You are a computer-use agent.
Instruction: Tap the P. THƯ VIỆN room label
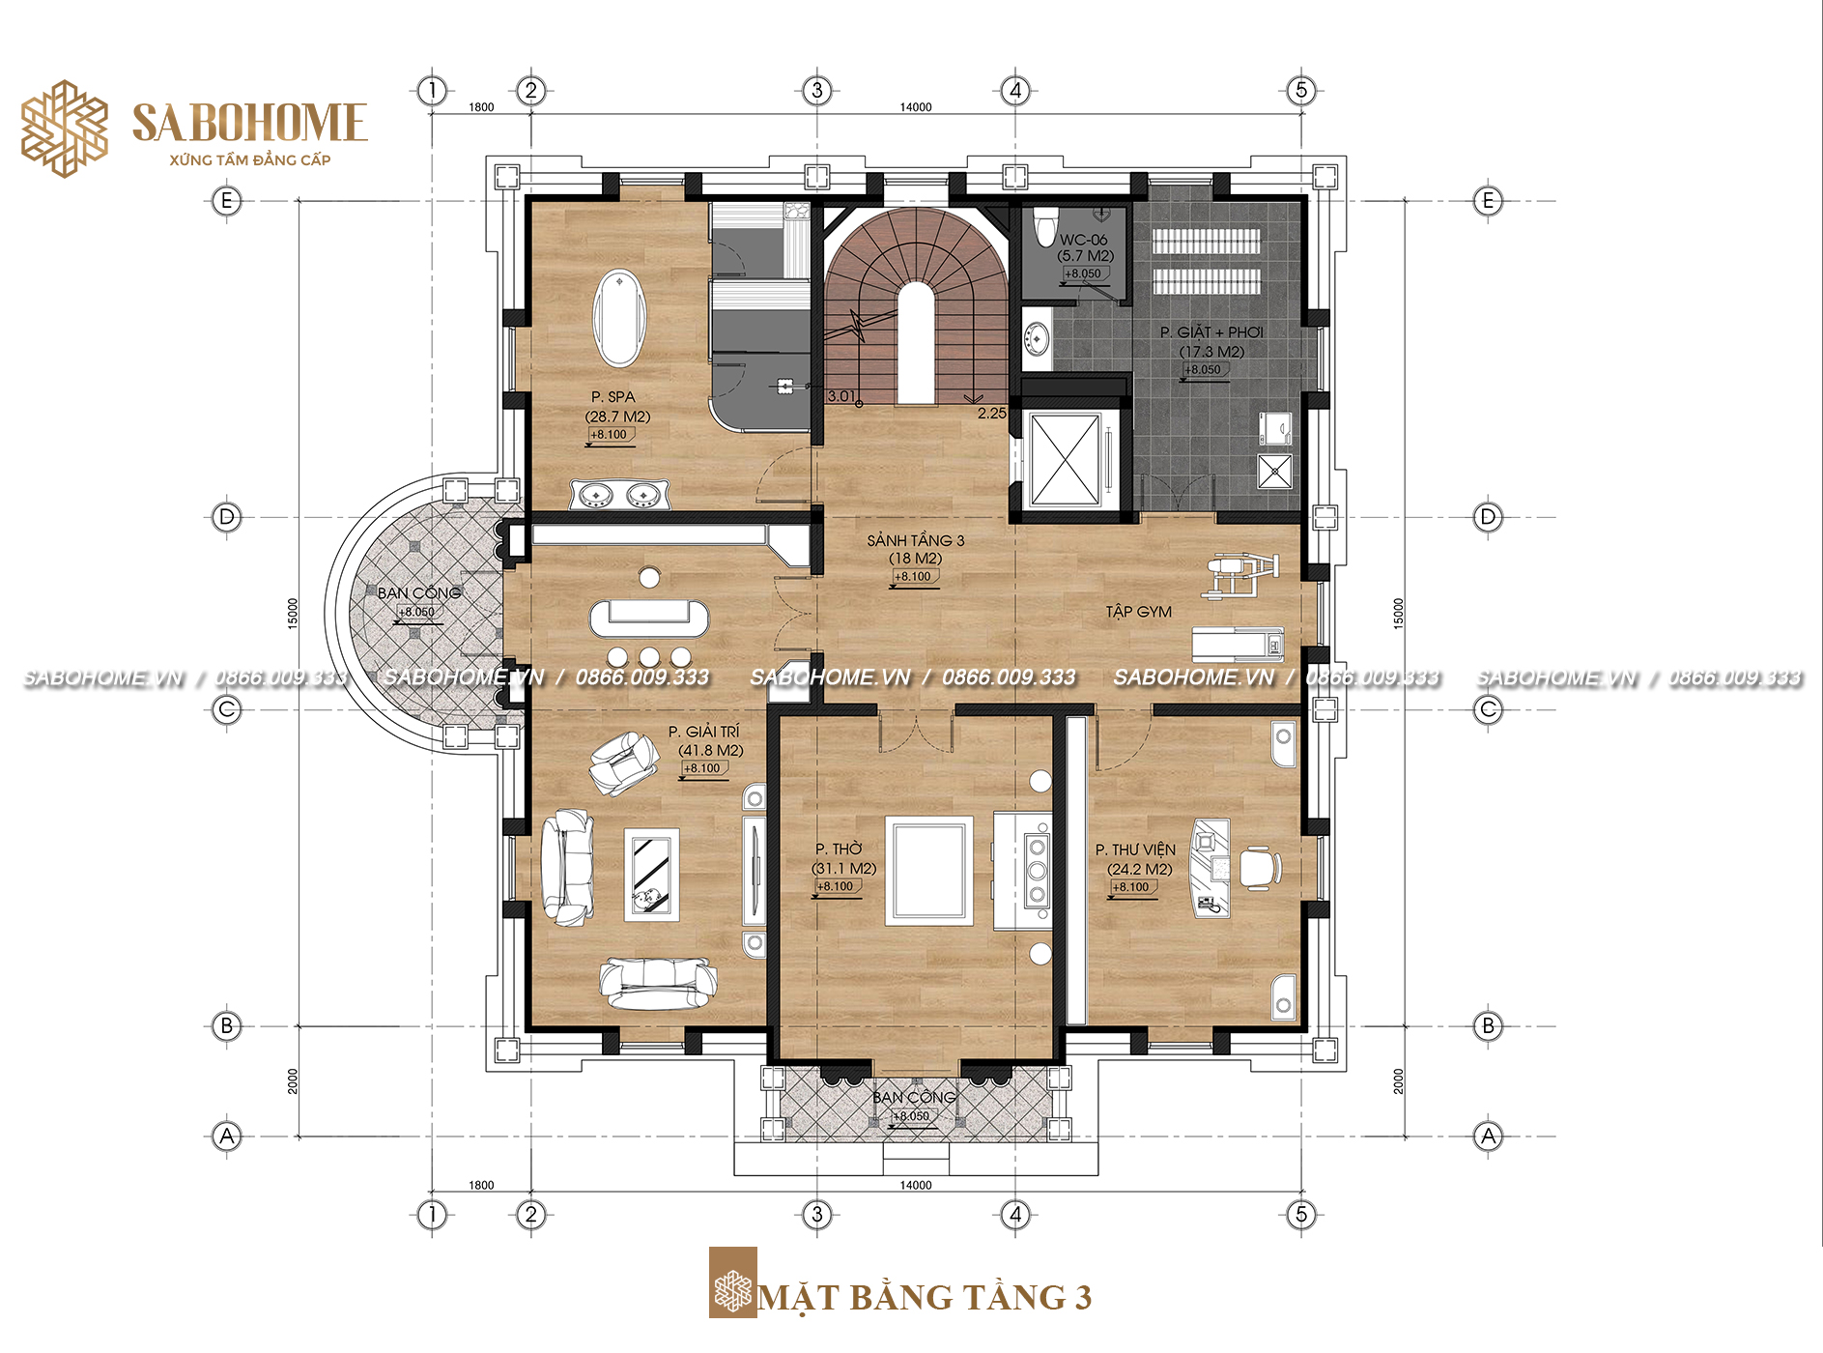1135,849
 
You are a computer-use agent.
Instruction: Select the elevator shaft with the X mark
1066,460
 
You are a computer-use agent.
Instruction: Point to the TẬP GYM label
1138,612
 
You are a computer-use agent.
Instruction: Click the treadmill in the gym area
1238,643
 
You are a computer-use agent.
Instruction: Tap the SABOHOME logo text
249,123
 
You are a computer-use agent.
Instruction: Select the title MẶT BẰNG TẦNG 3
926,1297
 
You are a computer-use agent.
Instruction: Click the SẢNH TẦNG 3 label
915,540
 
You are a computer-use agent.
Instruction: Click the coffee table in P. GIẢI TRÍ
651,875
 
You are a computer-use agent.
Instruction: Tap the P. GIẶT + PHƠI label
1211,332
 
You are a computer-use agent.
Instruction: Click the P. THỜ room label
839,849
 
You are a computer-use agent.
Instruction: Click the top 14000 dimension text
916,107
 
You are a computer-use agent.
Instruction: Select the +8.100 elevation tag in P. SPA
610,435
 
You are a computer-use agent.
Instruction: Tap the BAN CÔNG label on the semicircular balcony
419,592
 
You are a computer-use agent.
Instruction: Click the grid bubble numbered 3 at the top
817,91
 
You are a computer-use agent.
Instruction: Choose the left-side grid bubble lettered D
227,517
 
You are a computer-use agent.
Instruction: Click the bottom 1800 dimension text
481,1185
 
